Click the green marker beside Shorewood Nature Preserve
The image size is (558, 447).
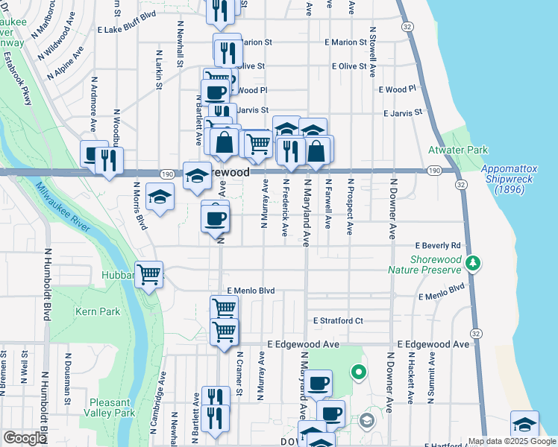click(472, 263)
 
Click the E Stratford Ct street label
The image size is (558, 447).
click(338, 321)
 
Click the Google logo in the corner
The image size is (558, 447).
click(25, 438)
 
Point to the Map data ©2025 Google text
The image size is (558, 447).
click(512, 442)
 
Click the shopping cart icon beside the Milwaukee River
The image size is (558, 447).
click(148, 275)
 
